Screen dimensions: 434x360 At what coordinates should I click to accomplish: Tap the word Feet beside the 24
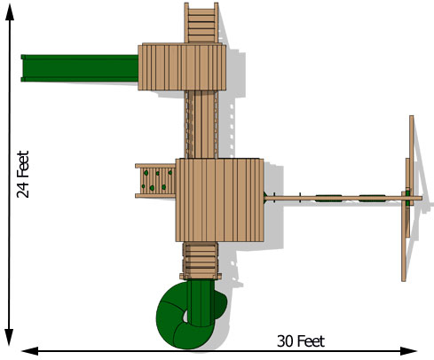click(23, 164)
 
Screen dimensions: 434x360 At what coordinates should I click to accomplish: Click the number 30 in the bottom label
click(285, 341)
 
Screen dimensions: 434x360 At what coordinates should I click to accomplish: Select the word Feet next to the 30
click(311, 341)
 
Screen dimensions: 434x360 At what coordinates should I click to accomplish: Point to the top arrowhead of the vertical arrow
click(10, 12)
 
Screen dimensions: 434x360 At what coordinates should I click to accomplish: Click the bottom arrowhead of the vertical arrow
click(9, 337)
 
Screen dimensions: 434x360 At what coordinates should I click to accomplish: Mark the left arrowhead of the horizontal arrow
click(30, 351)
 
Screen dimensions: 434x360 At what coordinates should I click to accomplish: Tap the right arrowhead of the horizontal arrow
click(408, 351)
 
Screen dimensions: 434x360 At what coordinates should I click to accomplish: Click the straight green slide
click(80, 68)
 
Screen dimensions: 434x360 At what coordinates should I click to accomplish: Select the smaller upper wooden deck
click(182, 67)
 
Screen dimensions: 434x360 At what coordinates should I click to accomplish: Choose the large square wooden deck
click(219, 200)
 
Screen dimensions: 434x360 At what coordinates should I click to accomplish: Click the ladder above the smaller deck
click(201, 23)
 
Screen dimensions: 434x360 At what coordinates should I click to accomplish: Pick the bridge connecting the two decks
click(201, 124)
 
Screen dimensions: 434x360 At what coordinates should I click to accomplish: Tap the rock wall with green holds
click(155, 181)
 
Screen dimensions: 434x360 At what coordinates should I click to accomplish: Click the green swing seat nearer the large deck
click(328, 198)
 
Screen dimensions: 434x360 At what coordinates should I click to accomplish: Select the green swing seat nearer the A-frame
click(372, 198)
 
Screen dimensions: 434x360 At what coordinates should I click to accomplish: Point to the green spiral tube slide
click(189, 314)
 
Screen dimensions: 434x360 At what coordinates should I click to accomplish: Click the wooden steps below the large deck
click(201, 261)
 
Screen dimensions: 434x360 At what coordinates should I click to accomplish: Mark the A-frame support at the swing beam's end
click(408, 199)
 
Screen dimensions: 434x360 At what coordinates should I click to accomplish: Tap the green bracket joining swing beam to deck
click(265, 197)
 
